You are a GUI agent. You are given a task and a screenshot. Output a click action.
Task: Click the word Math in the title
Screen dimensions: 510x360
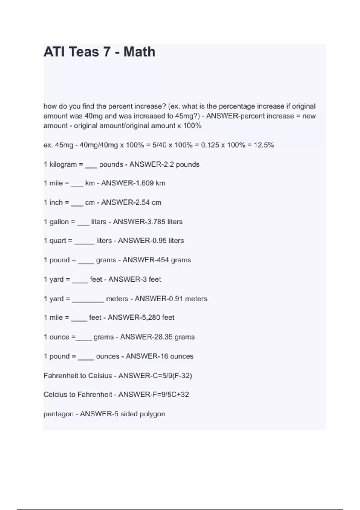tap(139, 52)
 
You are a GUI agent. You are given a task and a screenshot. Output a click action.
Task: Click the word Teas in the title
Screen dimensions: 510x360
tap(84, 52)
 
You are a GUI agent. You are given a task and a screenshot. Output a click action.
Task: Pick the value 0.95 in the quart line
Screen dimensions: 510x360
tap(159, 241)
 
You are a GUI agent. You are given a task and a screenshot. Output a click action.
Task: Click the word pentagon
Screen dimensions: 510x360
tap(58, 414)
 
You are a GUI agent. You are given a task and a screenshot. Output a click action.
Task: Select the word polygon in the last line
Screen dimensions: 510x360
tap(153, 414)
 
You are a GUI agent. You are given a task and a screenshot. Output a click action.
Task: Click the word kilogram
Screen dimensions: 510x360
tap(63, 164)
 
